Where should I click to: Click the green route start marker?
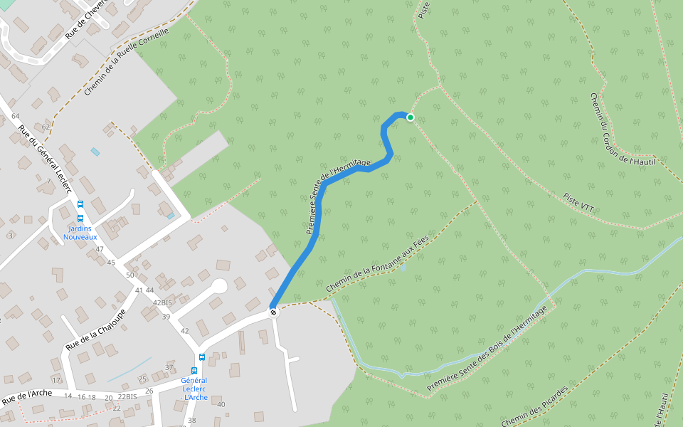click(411, 117)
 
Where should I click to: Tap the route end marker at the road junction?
click(274, 312)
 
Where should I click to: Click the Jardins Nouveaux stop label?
click(80, 233)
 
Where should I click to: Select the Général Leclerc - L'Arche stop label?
click(194, 389)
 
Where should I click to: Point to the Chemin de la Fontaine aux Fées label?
click(378, 264)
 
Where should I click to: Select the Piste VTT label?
click(578, 202)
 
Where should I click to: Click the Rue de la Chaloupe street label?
click(96, 329)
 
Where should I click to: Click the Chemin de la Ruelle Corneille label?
click(127, 62)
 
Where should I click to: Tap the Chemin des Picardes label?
click(534, 407)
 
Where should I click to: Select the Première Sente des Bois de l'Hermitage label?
click(490, 349)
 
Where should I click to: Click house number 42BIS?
click(163, 302)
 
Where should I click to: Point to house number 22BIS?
click(127, 396)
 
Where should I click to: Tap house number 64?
click(16, 116)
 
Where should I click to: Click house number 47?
click(100, 249)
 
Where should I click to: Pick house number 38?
click(191, 421)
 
